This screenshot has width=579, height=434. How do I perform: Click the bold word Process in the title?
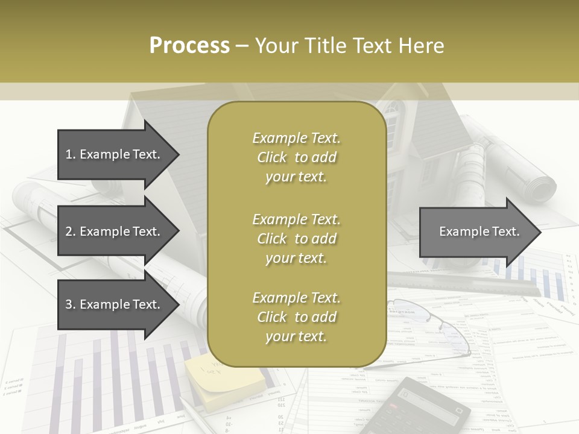pyautogui.click(x=189, y=46)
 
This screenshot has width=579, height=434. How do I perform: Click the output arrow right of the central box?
pyautogui.click(x=479, y=231)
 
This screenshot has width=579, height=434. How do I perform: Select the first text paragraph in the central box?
pyautogui.click(x=296, y=157)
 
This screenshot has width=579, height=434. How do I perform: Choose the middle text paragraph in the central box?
pyautogui.click(x=296, y=239)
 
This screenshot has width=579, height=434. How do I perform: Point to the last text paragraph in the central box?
pyautogui.click(x=296, y=317)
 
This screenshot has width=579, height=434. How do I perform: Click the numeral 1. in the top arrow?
pyautogui.click(x=71, y=154)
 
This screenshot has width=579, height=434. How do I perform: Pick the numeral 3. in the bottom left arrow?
pyautogui.click(x=71, y=304)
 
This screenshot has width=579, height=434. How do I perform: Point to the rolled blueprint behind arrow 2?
pyautogui.click(x=36, y=205)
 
